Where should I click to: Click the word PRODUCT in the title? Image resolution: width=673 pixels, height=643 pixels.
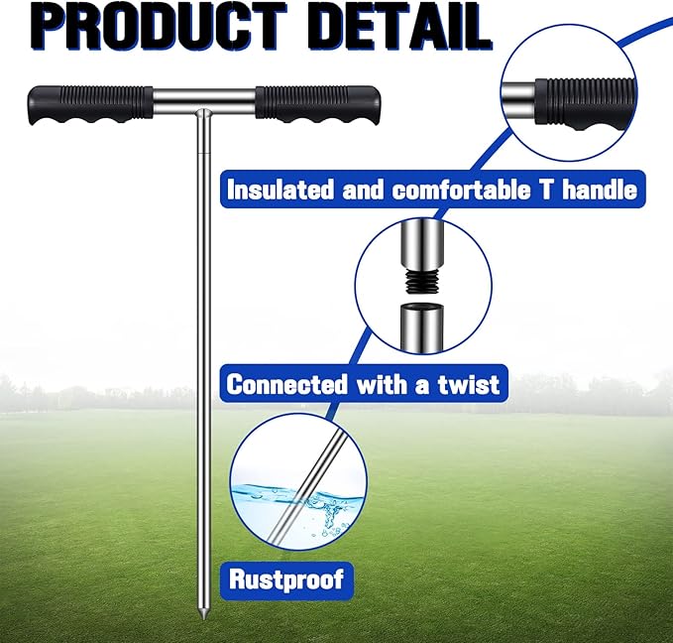pyautogui.click(x=149, y=28)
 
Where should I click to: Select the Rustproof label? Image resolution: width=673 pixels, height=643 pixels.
pyautogui.click(x=287, y=577)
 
